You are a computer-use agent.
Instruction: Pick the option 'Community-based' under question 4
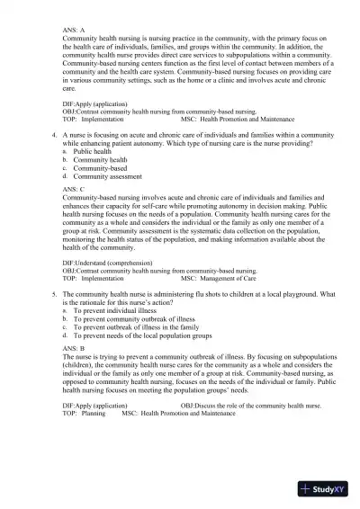click(100, 168)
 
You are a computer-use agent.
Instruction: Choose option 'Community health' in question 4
click(100, 159)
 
